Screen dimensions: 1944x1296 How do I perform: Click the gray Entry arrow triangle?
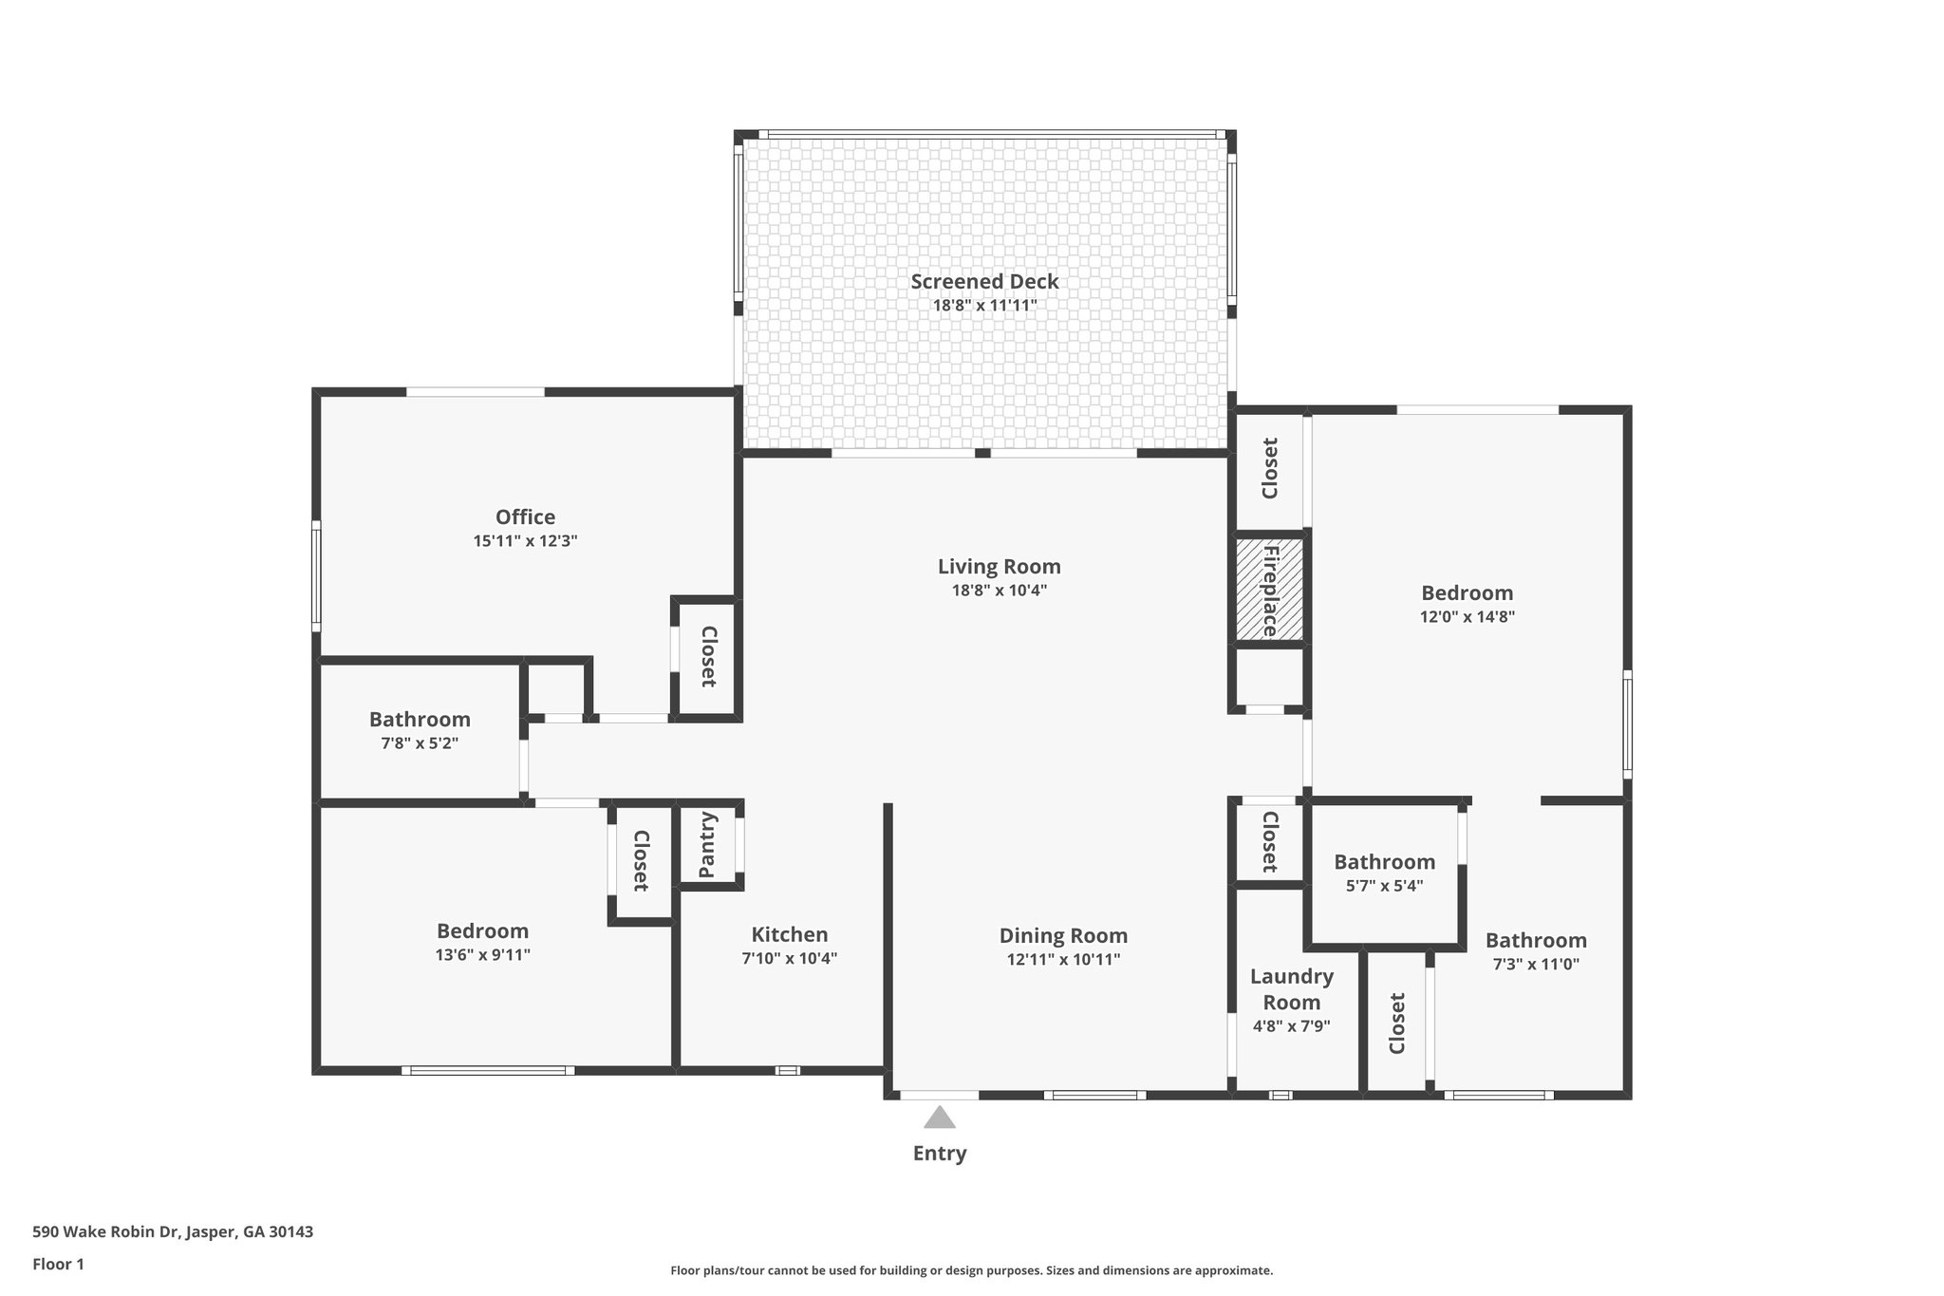click(939, 1118)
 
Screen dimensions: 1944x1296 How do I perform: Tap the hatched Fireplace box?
click(1269, 591)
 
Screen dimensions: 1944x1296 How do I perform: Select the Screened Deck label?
click(984, 281)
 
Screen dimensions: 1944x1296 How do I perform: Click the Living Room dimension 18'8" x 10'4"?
click(999, 591)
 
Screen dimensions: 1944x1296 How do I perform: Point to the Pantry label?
click(707, 845)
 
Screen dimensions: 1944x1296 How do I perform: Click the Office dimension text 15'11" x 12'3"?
click(525, 541)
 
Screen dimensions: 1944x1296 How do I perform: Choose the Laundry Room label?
click(1291, 989)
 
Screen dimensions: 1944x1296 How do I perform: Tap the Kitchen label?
click(789, 934)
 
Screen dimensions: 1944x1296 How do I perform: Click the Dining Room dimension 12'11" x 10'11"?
click(1063, 960)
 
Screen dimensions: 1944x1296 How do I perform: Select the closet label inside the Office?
click(707, 656)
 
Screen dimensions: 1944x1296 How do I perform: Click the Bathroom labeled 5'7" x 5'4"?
click(1384, 862)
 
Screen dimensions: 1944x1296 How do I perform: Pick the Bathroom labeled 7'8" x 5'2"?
click(420, 720)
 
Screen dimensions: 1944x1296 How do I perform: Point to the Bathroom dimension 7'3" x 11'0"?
click(1535, 965)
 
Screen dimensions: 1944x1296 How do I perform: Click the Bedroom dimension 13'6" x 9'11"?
click(482, 955)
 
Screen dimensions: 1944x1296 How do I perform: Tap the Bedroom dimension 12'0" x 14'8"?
click(1467, 616)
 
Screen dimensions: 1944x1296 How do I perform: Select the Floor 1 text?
click(58, 1264)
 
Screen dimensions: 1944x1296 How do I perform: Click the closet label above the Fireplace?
click(1269, 468)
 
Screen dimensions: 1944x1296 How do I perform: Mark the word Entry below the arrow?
click(939, 1154)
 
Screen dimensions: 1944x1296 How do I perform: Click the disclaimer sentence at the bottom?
click(971, 1270)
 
